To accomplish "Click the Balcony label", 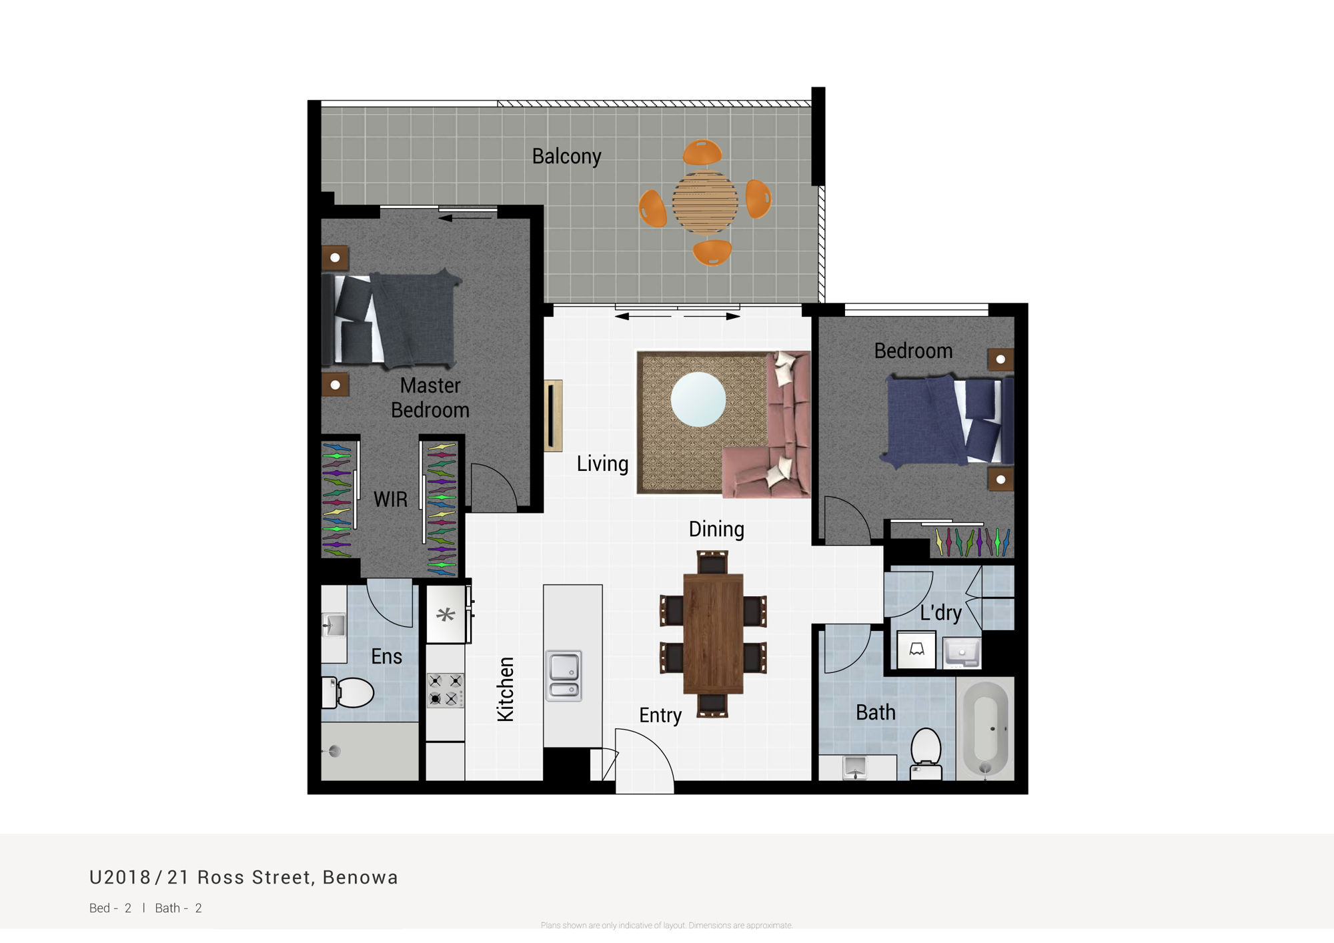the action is pos(566,156).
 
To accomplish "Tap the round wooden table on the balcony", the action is pos(705,201).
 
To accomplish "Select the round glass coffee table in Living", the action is pos(698,399).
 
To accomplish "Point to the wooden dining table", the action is pos(713,634).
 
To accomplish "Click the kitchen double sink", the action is pos(564,676).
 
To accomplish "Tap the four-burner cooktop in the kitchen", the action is pos(446,690).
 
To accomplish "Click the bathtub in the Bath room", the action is pos(986,728).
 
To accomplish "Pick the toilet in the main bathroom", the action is pos(926,754).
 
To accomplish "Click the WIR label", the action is pos(390,499).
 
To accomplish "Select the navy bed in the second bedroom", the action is pos(948,420).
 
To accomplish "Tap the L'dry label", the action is pos(940,612).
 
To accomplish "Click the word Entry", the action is pos(660,716).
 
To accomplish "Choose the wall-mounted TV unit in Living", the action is pos(553,415).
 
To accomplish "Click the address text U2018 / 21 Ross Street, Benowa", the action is pos(243,877).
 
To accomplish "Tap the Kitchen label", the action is pos(506,690).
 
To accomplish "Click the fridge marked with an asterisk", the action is pos(446,614).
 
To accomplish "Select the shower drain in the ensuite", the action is pos(335,752).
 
